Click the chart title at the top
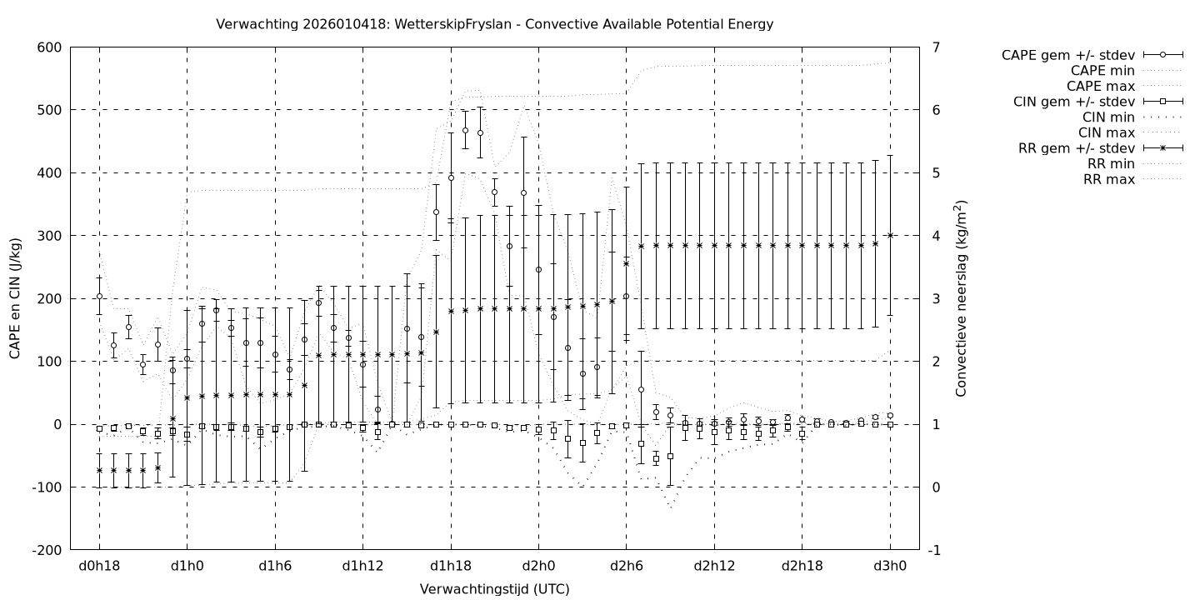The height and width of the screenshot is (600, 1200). (494, 24)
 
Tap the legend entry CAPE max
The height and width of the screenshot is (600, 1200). (1101, 86)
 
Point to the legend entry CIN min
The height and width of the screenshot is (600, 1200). (1107, 117)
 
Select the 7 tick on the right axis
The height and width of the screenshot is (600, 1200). (936, 47)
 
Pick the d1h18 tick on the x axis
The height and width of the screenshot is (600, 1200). (451, 567)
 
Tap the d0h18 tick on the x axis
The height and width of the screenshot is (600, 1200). (99, 567)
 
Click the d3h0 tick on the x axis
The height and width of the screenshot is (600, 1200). (890, 567)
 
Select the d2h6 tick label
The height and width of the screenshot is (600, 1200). (627, 567)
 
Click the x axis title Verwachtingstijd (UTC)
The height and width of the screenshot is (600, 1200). (494, 589)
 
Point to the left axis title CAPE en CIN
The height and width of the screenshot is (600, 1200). (16, 298)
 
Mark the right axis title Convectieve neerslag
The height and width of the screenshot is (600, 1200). (961, 298)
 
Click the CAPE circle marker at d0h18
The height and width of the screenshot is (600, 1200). (99, 296)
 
